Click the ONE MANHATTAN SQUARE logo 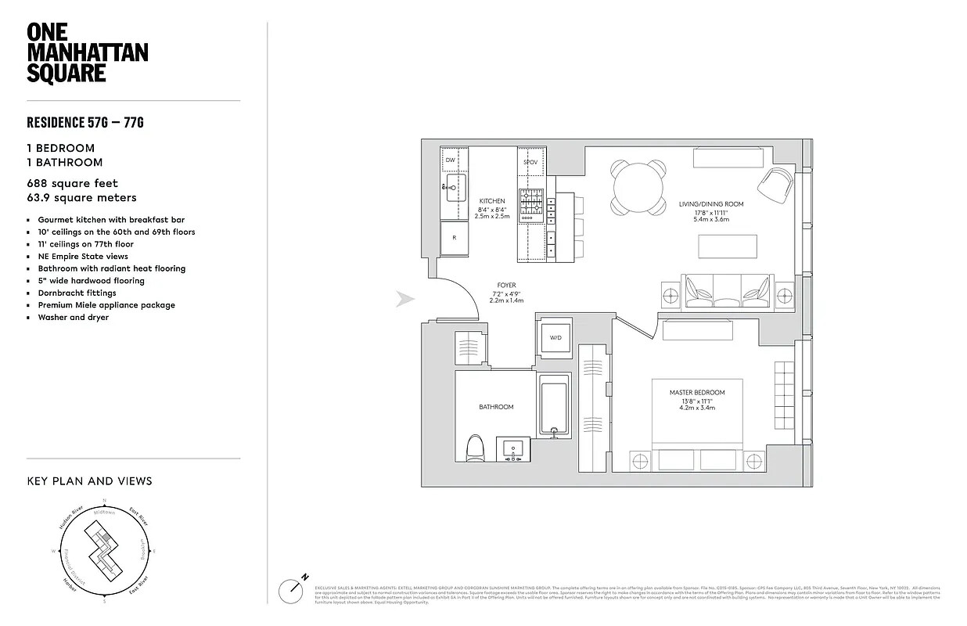click(x=87, y=52)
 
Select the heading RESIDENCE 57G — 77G click(x=85, y=122)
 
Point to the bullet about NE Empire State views click(x=83, y=256)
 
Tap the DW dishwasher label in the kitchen click(x=450, y=160)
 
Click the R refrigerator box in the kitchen click(x=454, y=238)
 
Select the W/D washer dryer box click(x=555, y=337)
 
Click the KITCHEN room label click(x=493, y=201)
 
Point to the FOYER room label click(x=507, y=285)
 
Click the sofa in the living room click(x=726, y=293)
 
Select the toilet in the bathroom click(x=475, y=451)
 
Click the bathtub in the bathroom click(x=554, y=405)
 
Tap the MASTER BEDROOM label click(x=696, y=392)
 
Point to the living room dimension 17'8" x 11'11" click(x=711, y=212)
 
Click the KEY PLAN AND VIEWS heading click(x=90, y=481)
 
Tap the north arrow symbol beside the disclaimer click(x=296, y=588)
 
